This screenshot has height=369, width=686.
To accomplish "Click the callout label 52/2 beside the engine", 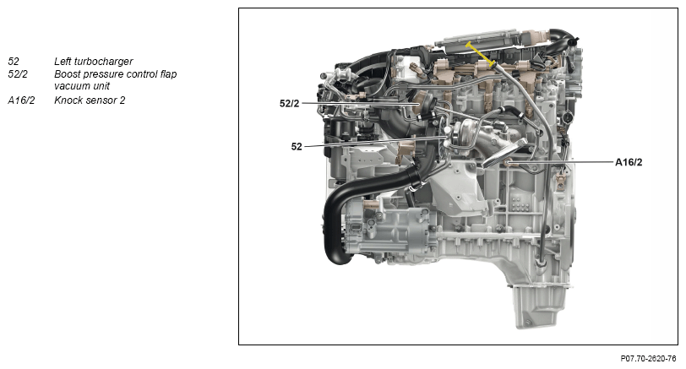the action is click(x=289, y=104).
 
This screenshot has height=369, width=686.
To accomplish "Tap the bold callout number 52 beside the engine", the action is click(x=297, y=146).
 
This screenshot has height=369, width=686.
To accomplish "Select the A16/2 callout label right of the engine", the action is click(x=629, y=162).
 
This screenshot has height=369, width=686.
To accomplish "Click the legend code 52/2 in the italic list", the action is click(x=18, y=74).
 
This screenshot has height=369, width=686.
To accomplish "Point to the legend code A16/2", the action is click(x=21, y=100).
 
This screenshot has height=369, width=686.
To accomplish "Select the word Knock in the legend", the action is click(x=68, y=100).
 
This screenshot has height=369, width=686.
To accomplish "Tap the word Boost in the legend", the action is click(x=67, y=74).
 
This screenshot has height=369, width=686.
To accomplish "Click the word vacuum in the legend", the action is click(x=71, y=86).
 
